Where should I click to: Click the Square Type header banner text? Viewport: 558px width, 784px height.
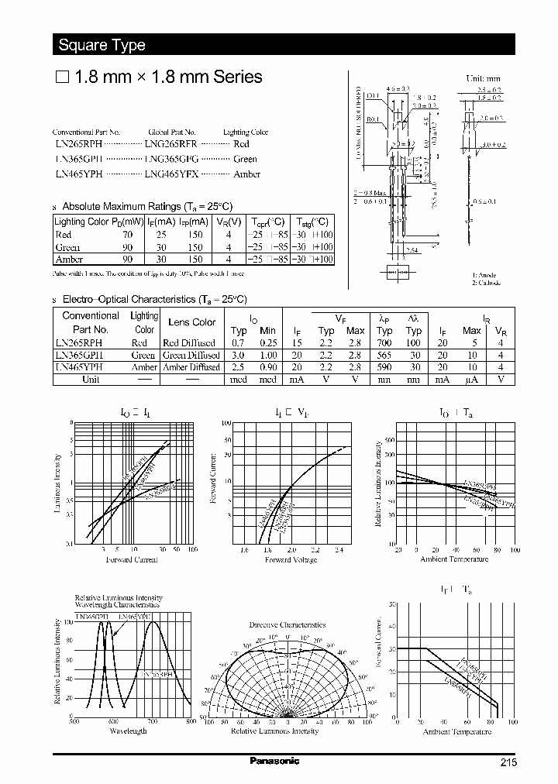102,45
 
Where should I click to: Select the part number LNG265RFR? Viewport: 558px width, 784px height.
170,144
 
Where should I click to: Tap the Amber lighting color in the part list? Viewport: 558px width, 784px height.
246,174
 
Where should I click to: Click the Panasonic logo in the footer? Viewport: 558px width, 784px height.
274,761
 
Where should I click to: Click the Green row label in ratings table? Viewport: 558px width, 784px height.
67,247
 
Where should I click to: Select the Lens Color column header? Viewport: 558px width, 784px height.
192,322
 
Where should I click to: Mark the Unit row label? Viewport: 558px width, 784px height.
91,380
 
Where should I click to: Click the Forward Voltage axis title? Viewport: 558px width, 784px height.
291,559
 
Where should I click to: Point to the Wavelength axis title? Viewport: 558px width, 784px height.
124,731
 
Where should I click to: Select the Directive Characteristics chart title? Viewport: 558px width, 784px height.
287,624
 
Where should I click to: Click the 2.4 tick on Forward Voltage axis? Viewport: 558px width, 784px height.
338,550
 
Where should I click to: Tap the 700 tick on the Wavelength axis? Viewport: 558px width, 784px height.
152,721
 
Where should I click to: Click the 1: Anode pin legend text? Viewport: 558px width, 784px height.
484,276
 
